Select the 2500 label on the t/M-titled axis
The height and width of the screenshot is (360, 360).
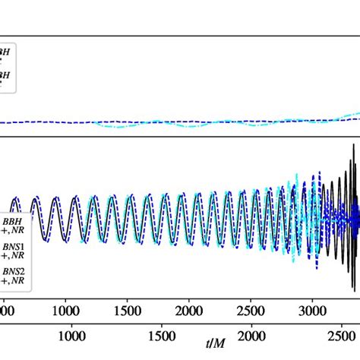coord(341,336)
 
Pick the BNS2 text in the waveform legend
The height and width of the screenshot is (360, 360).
coord(13,270)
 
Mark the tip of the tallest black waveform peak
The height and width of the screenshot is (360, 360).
coord(352,144)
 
